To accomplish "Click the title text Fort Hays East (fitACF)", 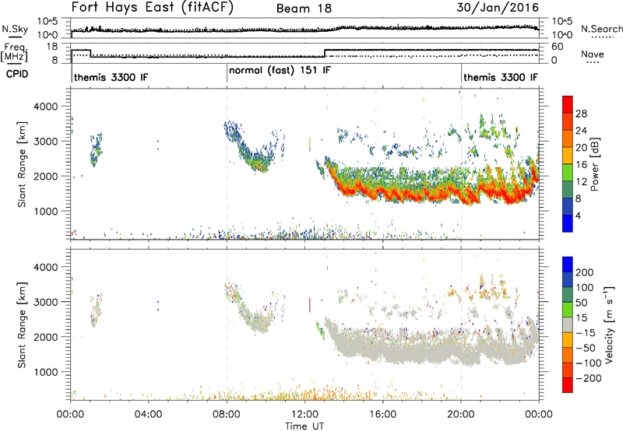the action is click(x=153, y=7).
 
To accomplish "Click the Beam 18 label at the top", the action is click(x=304, y=9).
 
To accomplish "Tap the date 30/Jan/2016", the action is click(x=498, y=8).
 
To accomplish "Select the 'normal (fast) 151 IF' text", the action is click(x=280, y=71).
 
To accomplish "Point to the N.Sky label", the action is click(x=15, y=29).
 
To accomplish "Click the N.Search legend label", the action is click(x=601, y=29).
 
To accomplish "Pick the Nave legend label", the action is click(x=593, y=54).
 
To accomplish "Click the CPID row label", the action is click(x=17, y=74).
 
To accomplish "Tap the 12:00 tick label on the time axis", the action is click(x=304, y=415).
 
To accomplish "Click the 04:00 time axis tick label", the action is click(x=148, y=415).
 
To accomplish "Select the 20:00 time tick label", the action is click(x=461, y=415).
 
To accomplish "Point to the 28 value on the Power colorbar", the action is click(x=581, y=114).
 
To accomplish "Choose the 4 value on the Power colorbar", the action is click(x=578, y=215).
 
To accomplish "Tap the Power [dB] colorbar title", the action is click(x=595, y=164).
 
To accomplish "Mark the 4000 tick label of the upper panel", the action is click(x=46, y=107).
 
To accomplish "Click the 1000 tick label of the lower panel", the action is click(x=46, y=372).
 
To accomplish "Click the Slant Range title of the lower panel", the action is click(x=22, y=325).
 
